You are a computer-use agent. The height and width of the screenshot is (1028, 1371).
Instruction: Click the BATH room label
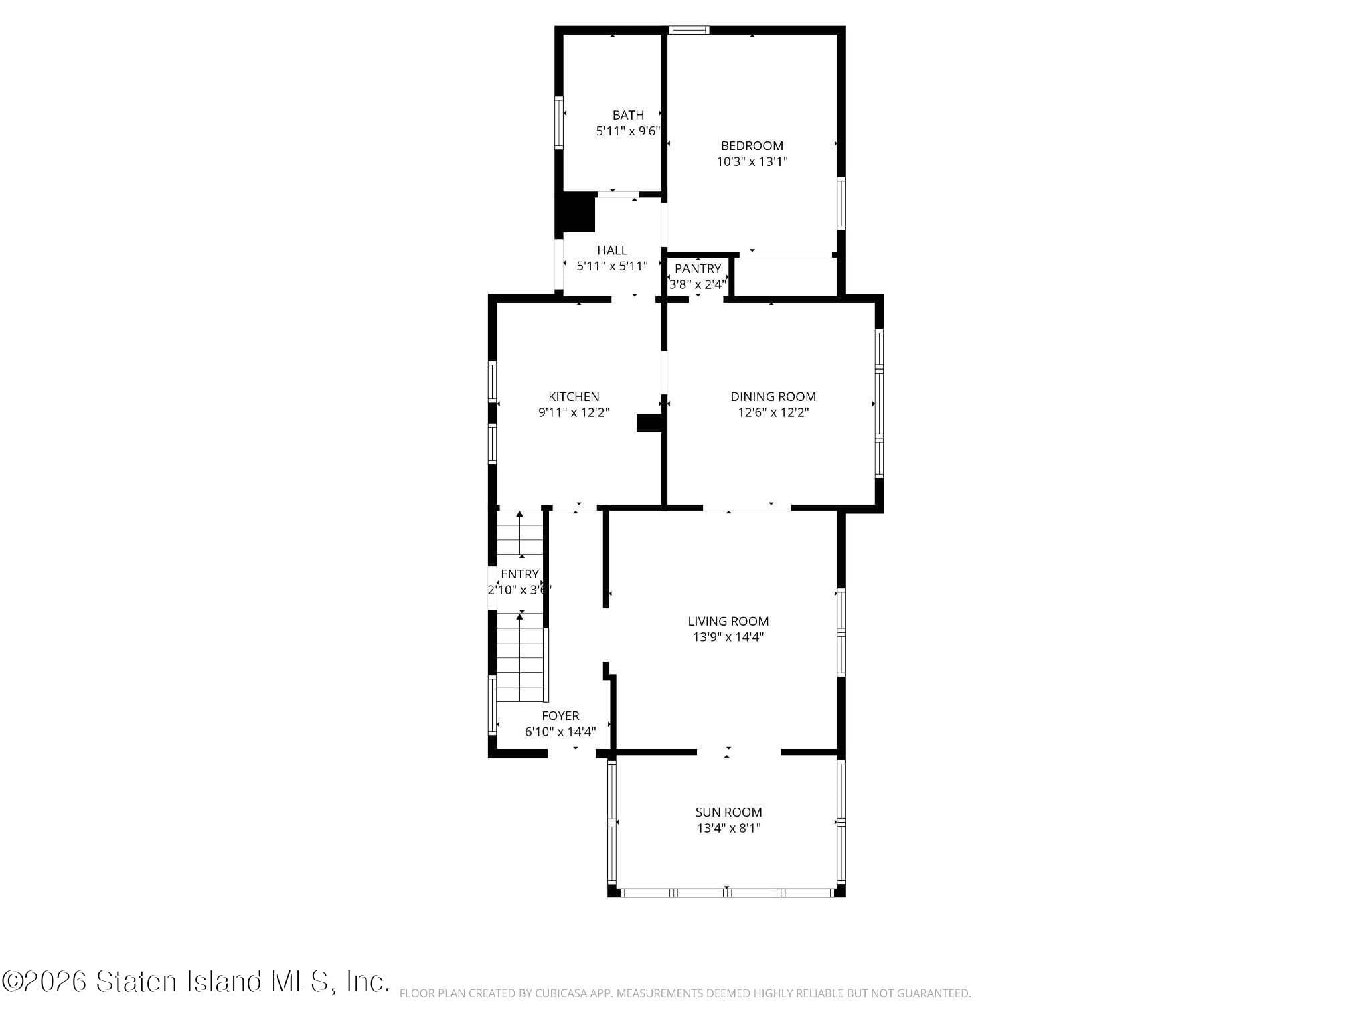tap(628, 115)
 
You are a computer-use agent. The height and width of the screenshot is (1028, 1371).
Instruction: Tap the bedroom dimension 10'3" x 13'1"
tap(752, 161)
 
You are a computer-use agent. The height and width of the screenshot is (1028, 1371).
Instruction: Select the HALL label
tap(612, 250)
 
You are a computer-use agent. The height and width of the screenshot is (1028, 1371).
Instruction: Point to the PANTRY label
tap(698, 268)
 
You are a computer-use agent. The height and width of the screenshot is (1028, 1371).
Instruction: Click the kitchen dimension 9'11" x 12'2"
tap(574, 412)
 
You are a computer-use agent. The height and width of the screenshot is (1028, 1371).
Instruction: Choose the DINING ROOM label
tap(773, 396)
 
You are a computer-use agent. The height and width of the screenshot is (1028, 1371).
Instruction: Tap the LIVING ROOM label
tap(728, 621)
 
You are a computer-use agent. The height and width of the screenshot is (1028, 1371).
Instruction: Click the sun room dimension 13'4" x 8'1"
tap(728, 828)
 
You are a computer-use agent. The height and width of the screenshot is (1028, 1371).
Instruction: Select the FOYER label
tap(560, 715)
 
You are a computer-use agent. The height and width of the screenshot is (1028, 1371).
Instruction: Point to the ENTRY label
tap(519, 574)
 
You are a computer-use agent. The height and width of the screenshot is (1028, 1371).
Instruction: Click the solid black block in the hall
tap(578, 212)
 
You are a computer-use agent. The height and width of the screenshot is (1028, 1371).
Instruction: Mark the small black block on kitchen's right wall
tap(648, 423)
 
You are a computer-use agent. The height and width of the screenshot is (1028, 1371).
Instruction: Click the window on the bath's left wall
tap(558, 122)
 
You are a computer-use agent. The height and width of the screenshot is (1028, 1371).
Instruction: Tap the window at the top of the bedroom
tap(689, 29)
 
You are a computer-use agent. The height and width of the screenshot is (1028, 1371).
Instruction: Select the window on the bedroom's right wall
tap(841, 203)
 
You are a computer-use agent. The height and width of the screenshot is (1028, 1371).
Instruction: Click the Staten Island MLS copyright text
tap(195, 982)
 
